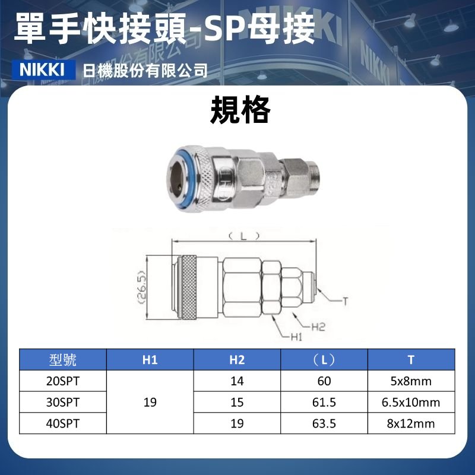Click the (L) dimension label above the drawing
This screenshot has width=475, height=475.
(244, 236)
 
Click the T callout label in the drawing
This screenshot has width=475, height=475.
(344, 301)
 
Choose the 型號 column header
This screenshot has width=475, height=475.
(62, 360)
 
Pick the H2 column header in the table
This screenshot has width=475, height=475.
(237, 360)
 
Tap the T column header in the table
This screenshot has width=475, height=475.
(411, 360)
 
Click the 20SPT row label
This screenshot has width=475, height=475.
(62, 381)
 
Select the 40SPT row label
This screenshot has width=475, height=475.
(62, 423)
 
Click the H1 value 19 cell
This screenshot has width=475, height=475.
(150, 403)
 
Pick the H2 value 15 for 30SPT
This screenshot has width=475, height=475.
(237, 403)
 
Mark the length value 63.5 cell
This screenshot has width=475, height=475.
(324, 423)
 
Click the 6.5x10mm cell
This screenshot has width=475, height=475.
(411, 403)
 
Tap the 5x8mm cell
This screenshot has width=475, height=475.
(411, 381)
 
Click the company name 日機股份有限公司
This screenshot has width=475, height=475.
(145, 71)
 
